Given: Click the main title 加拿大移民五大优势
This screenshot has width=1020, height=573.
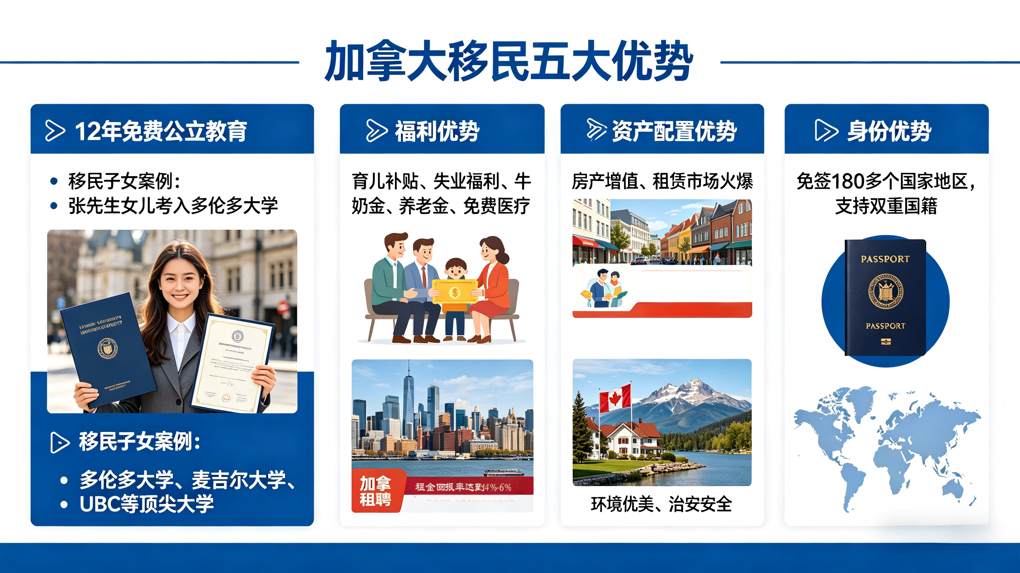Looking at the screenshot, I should click(509, 61).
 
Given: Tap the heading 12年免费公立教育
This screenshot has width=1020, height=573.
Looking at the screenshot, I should click(161, 131).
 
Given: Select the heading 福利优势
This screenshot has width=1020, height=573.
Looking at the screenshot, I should click(437, 131).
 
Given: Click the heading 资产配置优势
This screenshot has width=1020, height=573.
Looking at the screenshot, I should click(674, 131).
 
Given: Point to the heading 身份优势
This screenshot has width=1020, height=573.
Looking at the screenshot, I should click(889, 131).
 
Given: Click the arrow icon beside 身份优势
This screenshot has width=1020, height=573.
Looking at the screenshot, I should click(826, 130).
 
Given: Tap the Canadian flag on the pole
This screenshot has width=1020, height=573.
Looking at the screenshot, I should click(615, 398).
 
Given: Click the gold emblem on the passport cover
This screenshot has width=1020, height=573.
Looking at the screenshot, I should click(885, 291).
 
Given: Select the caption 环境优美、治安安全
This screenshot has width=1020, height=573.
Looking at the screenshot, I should click(661, 504).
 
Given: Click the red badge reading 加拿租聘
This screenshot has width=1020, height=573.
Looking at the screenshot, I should click(376, 491).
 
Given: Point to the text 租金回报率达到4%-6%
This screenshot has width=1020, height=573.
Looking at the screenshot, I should click(463, 487).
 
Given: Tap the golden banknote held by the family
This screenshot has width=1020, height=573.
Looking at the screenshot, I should click(455, 292).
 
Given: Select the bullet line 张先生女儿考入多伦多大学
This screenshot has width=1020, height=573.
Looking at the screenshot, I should click(173, 206).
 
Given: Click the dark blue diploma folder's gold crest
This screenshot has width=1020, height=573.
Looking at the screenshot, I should click(108, 348).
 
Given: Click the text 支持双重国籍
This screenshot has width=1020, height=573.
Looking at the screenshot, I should click(886, 206).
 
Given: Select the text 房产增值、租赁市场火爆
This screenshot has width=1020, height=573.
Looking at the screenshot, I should click(662, 181).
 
